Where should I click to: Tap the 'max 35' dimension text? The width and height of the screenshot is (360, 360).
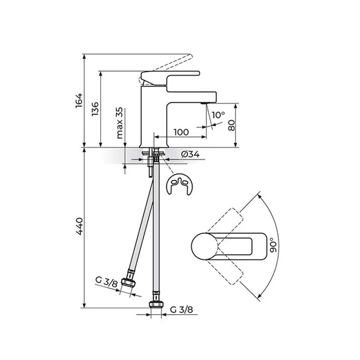coord(119,123)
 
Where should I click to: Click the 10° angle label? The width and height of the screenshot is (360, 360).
coord(218,115)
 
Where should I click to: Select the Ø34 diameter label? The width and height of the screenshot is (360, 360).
coord(190,155)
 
